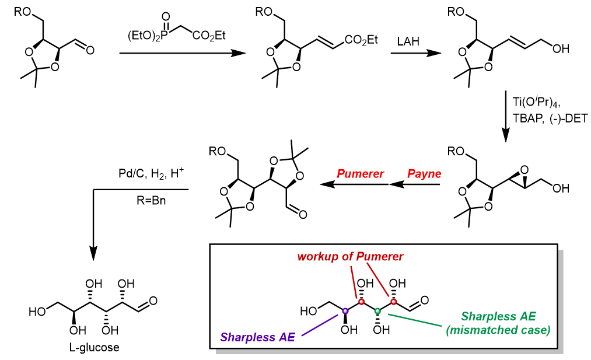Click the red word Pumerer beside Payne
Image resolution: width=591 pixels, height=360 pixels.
(x=360, y=174)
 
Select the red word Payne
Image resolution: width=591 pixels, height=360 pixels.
(x=424, y=174)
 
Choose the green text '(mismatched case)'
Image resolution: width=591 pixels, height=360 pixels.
(x=498, y=330)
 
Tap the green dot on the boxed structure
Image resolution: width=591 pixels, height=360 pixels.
(x=377, y=311)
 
